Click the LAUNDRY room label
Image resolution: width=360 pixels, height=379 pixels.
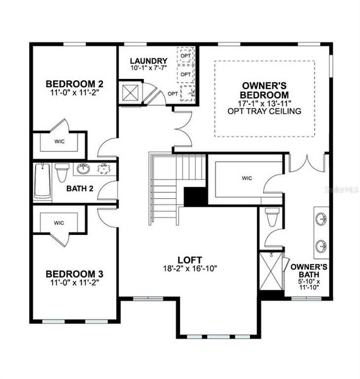tap(149, 61)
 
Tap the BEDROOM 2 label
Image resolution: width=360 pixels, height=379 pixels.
tap(75, 83)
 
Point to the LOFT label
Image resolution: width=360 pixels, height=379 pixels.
tap(189, 259)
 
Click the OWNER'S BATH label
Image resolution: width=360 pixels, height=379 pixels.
tap(309, 271)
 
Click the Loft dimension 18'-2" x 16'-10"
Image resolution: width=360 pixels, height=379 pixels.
tap(189, 268)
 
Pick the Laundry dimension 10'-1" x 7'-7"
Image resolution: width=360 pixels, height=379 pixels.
tap(149, 68)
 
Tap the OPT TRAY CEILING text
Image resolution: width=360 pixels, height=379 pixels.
tap(265, 111)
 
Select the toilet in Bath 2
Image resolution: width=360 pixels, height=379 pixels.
tap(62, 171)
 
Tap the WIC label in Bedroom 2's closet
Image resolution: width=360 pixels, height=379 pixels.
tap(59, 141)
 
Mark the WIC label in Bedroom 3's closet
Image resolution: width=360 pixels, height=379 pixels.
tap(59, 222)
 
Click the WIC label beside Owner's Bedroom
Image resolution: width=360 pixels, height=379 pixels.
tap(246, 178)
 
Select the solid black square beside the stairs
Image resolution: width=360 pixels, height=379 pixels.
tap(195, 196)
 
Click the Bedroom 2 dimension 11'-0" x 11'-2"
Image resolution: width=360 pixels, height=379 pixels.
tap(75, 92)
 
